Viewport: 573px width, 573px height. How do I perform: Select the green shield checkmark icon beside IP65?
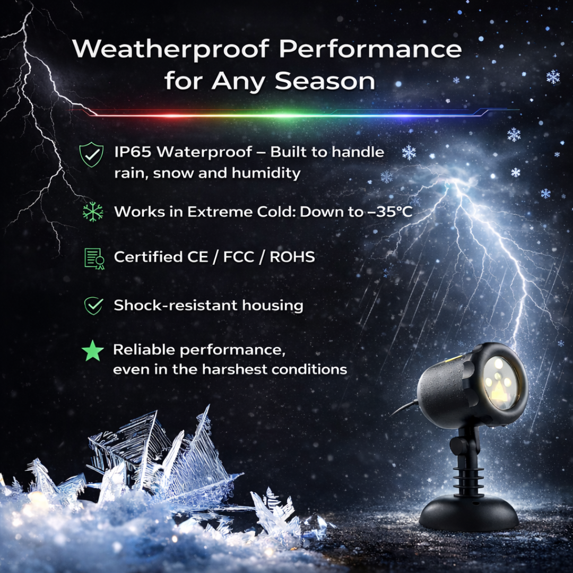pyautogui.click(x=91, y=155)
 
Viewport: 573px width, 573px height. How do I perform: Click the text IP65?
pyautogui.click(x=133, y=152)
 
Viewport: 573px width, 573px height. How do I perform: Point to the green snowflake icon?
pyautogui.click(x=93, y=212)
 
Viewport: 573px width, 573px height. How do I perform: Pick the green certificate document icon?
pyautogui.click(x=94, y=258)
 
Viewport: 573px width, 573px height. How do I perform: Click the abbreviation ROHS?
pyautogui.click(x=292, y=257)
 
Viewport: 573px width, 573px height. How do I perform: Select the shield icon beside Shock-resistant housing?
pyautogui.click(x=93, y=306)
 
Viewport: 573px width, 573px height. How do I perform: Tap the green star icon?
pyautogui.click(x=93, y=352)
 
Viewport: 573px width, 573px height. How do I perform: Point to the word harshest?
pyautogui.click(x=238, y=369)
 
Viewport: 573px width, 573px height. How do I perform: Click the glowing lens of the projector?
pyautogui.click(x=500, y=382)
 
